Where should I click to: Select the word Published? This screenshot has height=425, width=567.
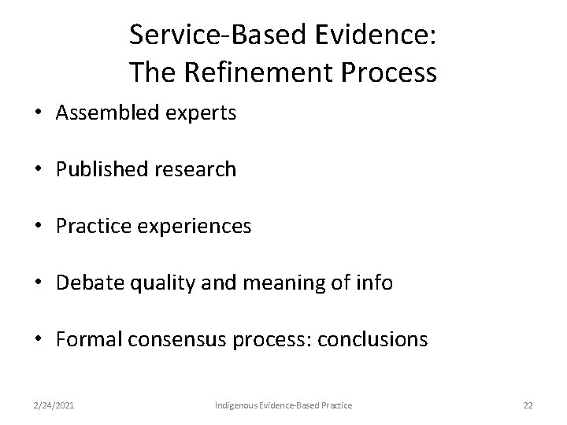(98, 170)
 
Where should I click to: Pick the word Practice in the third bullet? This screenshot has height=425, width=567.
(91, 227)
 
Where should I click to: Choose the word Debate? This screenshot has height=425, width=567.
(85, 283)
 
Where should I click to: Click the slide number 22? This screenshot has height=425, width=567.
(528, 405)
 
